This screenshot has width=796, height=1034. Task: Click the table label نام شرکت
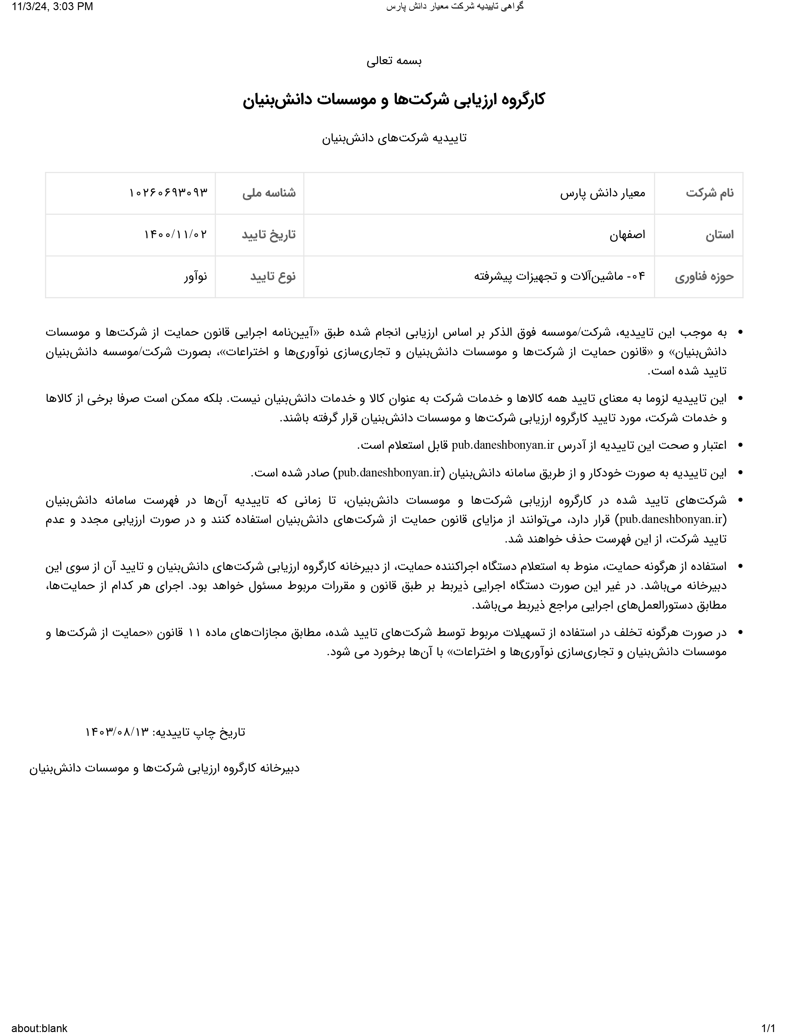point(709,193)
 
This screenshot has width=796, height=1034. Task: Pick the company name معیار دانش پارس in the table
point(602,193)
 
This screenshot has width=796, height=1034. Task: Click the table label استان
point(719,235)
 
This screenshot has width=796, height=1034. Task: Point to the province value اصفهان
point(627,235)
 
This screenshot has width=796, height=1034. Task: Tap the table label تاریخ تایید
point(269,235)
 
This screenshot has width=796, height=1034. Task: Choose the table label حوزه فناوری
point(704,276)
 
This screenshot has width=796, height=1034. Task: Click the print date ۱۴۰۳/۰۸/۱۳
point(117,732)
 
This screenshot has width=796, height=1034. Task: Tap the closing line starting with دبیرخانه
point(164,768)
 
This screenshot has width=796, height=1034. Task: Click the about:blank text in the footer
point(39,1028)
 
